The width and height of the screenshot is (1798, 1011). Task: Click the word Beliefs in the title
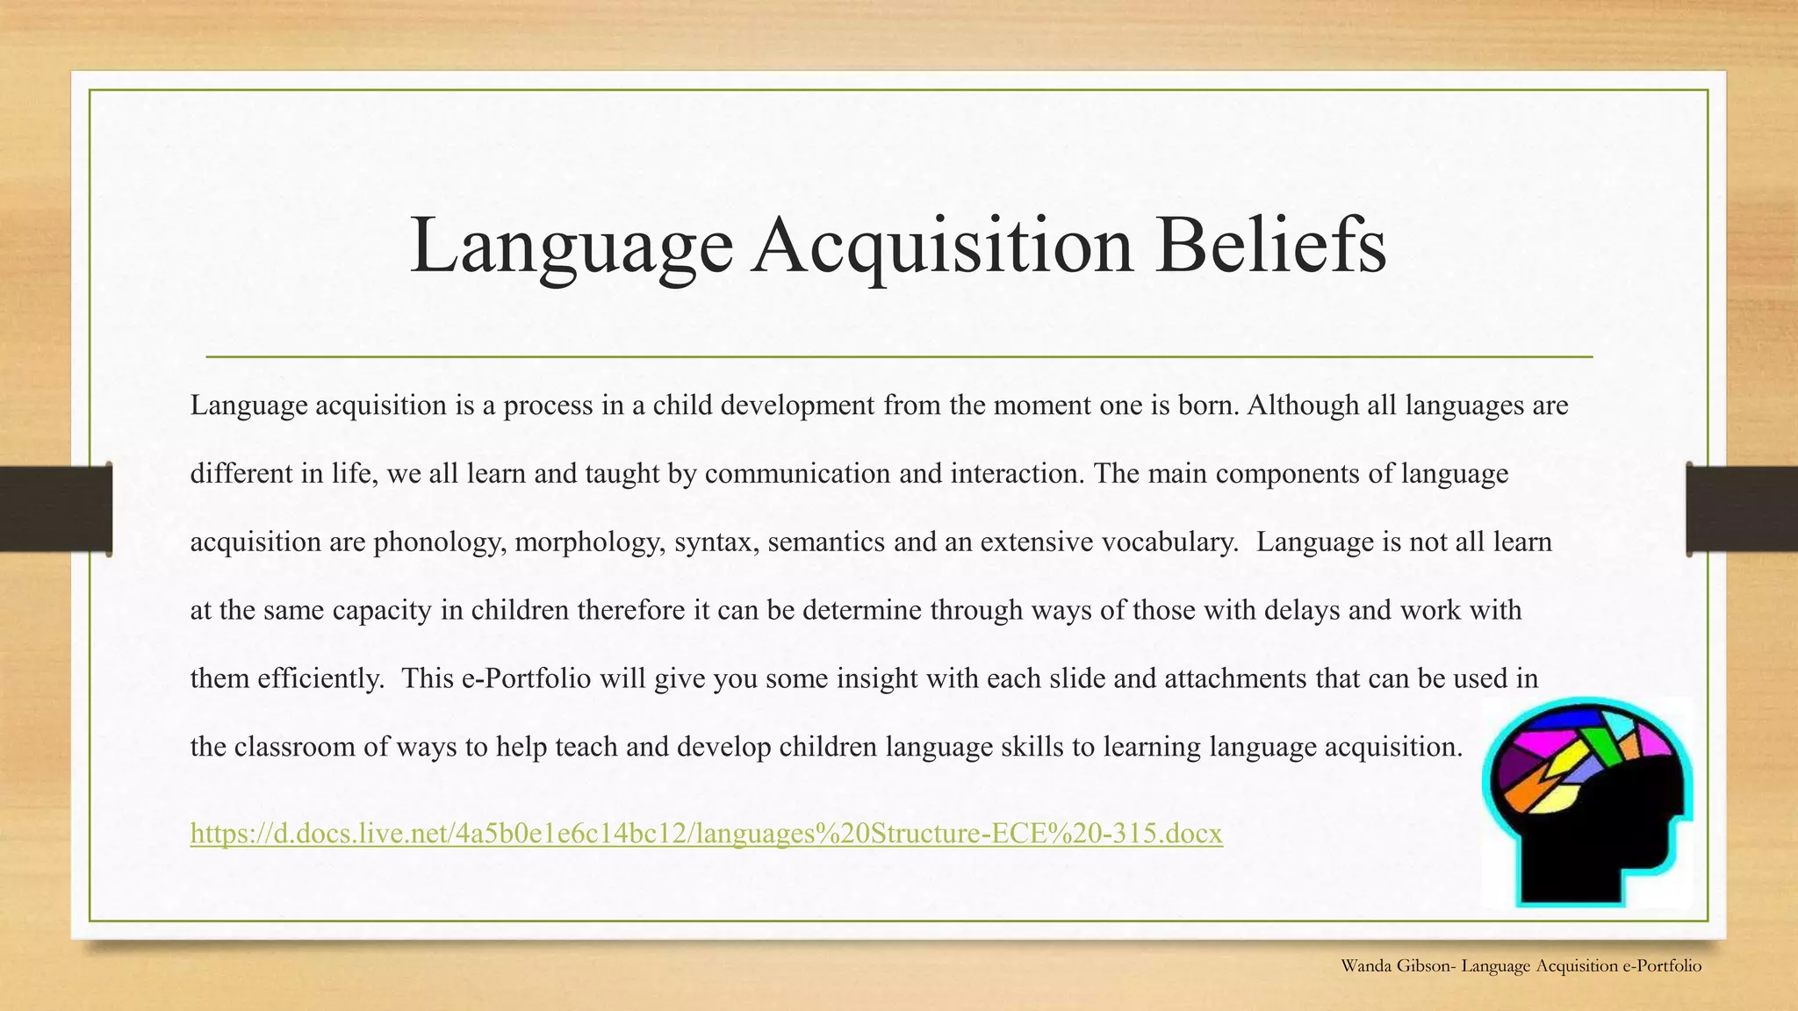click(x=1270, y=245)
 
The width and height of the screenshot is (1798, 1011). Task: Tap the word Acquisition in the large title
click(x=943, y=245)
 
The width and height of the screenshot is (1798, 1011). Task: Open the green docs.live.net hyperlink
click(x=706, y=833)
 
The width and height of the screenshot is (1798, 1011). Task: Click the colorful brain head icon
click(x=1587, y=801)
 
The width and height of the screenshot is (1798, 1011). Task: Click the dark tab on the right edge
click(x=1742, y=509)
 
